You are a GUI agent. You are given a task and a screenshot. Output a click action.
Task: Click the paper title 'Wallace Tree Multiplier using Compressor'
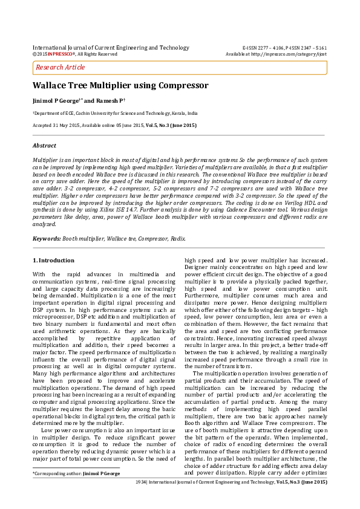[x=120, y=86]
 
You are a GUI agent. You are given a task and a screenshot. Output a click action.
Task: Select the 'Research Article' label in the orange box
[x=61, y=67]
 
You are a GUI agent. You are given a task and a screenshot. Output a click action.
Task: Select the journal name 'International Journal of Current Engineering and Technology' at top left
[x=111, y=47]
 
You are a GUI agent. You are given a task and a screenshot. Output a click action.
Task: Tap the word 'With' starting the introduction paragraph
[x=39, y=275]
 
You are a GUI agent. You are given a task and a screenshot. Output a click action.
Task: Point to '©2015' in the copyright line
[x=39, y=54]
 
